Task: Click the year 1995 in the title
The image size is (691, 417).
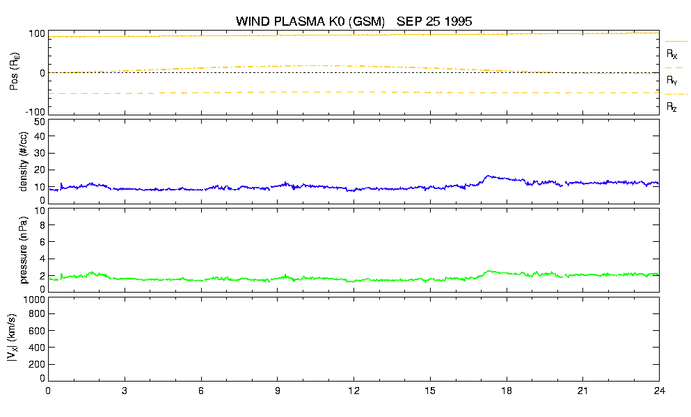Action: click(459, 22)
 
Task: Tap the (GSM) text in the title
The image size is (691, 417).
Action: click(367, 22)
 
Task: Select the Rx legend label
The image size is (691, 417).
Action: click(672, 54)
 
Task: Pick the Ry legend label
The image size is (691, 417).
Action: click(672, 80)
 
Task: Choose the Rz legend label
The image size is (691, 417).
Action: click(672, 106)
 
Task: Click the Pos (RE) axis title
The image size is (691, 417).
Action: click(14, 72)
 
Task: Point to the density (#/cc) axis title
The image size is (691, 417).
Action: click(24, 161)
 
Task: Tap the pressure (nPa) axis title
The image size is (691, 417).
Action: click(24, 250)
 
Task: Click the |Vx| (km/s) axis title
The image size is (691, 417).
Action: click(13, 338)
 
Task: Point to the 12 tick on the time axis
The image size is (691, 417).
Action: click(354, 391)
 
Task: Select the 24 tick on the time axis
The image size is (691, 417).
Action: click(659, 391)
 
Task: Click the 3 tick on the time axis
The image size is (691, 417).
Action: click(125, 391)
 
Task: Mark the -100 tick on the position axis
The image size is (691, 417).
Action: click(35, 112)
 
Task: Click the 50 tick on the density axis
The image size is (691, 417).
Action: click(40, 122)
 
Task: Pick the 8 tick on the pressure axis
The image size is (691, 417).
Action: click(42, 224)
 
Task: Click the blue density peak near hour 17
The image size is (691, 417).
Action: click(487, 176)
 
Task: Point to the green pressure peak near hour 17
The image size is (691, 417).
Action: click(489, 271)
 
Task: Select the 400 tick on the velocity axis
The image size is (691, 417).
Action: click(37, 347)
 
